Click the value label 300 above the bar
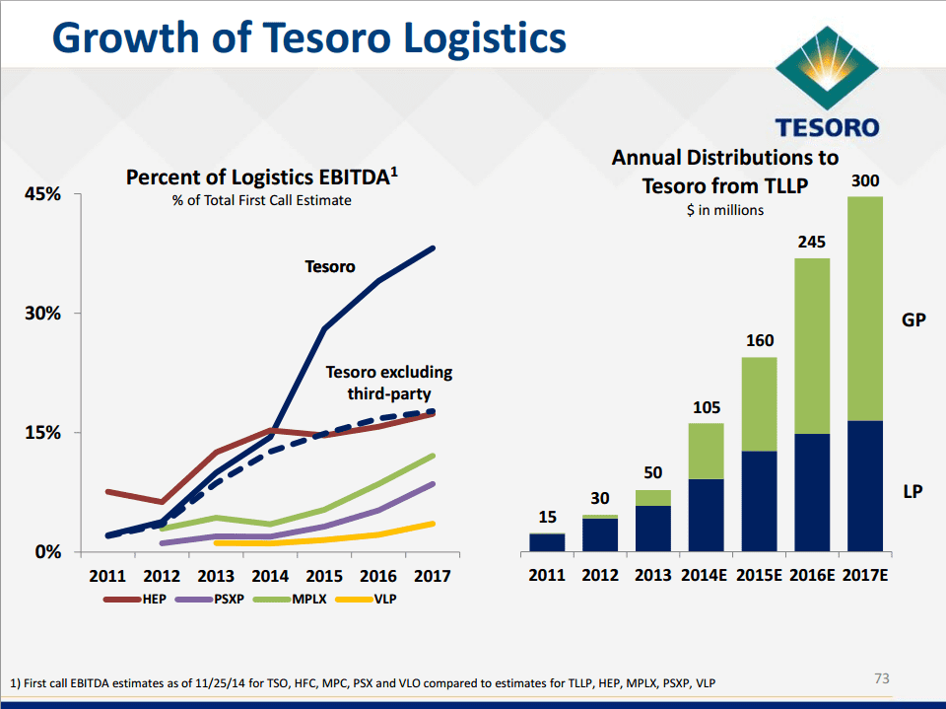click(x=864, y=181)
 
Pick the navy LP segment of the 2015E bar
click(x=758, y=501)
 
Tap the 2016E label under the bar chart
click(x=812, y=574)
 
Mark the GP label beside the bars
click(x=913, y=319)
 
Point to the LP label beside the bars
click(x=912, y=491)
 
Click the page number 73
click(x=882, y=678)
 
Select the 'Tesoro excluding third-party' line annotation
click(x=388, y=383)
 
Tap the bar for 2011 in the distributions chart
click(x=547, y=541)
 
